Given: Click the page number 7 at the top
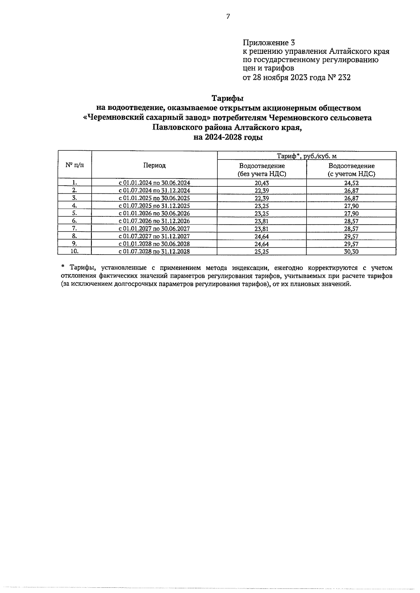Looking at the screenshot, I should pos(228,16).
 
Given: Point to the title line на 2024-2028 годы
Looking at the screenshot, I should pos(228,137).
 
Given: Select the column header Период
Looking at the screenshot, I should pos(154,165).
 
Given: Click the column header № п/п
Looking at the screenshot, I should pos(75,165).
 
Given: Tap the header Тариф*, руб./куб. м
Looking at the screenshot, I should pos(307,156).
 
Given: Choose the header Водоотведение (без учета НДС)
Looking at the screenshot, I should pos(262,170).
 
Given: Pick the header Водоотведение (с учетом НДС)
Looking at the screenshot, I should pos(351,170).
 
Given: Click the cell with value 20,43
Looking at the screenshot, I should pos(262,183).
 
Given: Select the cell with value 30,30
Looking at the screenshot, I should pos(351,251).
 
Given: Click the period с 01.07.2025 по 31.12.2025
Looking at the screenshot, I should pos(154,206).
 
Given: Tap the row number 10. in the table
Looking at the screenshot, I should pos(75,251).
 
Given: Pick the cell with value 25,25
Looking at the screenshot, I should pos(262,251).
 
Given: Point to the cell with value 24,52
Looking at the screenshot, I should pos(351,183).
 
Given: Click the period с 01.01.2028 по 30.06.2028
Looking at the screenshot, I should pos(154,244).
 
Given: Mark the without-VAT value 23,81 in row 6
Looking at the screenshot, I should pos(262,221).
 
